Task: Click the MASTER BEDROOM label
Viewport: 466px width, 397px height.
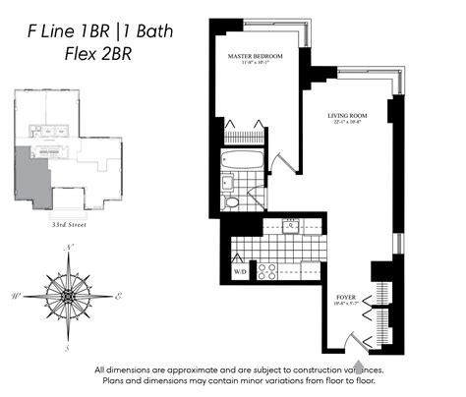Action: click(x=255, y=57)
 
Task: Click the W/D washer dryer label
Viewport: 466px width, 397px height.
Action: click(x=239, y=269)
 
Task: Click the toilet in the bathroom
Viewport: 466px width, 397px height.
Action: click(x=231, y=203)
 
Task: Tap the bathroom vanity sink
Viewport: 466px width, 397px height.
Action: click(x=227, y=182)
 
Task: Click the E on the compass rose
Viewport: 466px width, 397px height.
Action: click(x=119, y=295)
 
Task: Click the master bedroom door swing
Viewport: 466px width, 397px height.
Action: click(x=284, y=161)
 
